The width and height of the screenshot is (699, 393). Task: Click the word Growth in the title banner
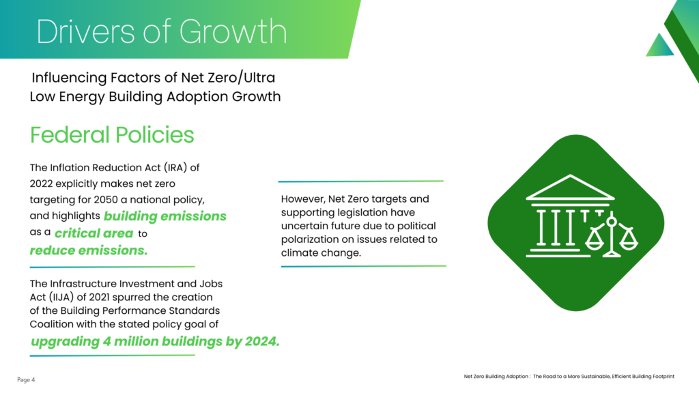[233, 31]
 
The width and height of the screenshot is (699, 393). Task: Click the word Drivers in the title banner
[85, 31]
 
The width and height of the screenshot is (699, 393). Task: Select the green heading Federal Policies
[112, 135]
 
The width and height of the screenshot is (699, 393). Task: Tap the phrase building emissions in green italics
[165, 216]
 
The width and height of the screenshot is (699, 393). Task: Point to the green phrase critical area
[94, 233]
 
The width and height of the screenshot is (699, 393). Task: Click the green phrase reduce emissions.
[89, 250]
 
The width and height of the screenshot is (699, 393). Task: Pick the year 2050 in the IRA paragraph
[106, 200]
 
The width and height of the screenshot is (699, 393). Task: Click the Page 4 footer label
[26, 379]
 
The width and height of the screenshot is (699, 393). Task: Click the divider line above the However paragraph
[360, 181]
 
